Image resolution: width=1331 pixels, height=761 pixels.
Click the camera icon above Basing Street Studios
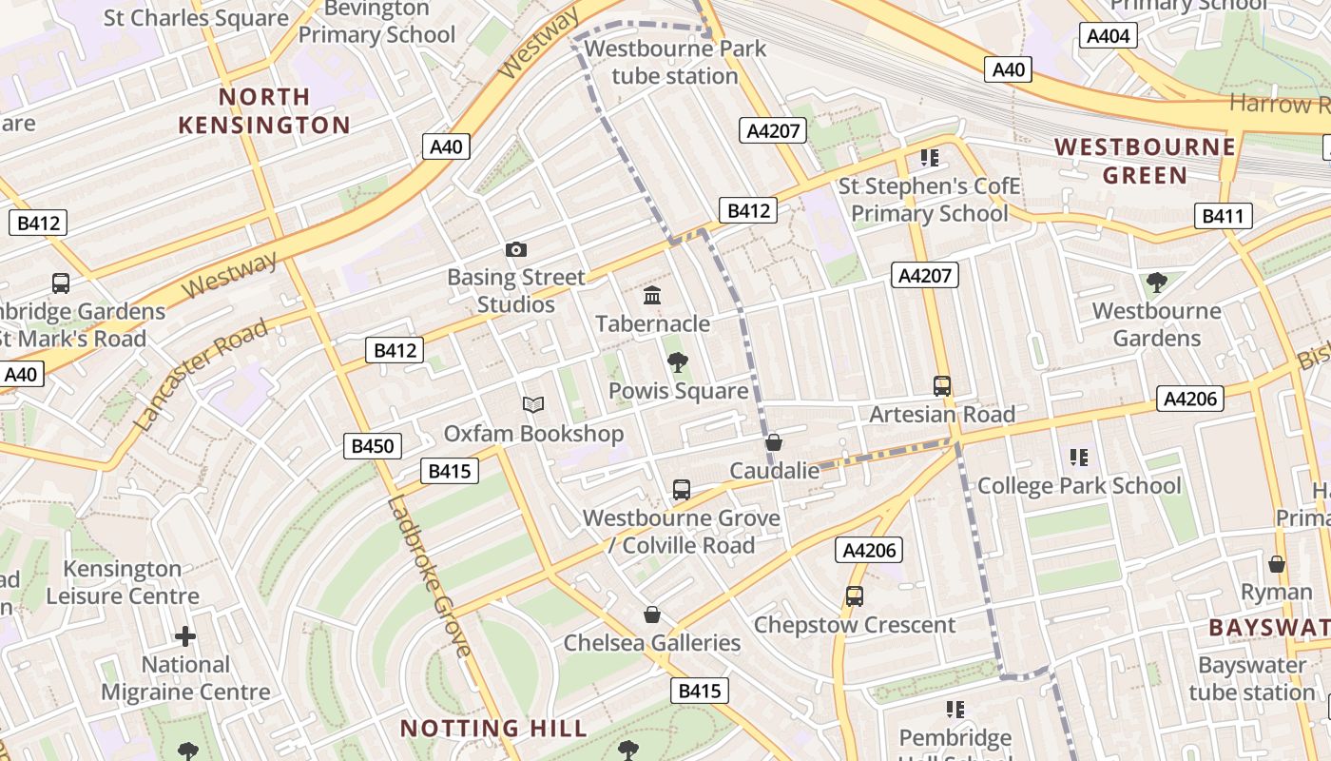click(516, 250)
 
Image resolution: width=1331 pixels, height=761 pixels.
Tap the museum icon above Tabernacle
click(652, 296)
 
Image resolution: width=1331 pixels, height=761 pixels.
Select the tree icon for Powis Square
click(678, 362)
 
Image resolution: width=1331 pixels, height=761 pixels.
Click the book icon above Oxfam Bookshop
click(533, 405)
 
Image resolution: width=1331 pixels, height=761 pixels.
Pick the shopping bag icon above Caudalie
click(774, 442)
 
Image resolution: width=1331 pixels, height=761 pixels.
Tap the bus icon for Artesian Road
click(942, 386)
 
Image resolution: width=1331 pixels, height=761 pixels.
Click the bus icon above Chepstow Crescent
click(855, 596)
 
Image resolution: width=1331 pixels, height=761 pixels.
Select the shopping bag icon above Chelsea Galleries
click(652, 615)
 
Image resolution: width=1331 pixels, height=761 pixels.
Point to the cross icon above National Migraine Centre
click(185, 635)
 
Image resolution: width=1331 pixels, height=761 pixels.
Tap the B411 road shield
click(1223, 216)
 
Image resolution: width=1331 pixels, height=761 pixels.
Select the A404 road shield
click(1109, 36)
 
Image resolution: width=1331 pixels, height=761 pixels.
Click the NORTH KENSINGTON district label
click(264, 110)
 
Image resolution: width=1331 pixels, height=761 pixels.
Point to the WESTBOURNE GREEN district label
click(1146, 161)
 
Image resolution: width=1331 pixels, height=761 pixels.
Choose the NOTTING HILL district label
click(493, 729)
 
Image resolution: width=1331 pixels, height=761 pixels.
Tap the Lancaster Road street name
click(202, 376)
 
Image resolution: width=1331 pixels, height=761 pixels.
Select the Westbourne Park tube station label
click(675, 62)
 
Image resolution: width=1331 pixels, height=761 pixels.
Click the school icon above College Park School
click(1078, 458)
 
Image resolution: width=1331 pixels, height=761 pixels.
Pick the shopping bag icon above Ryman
click(1277, 564)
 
